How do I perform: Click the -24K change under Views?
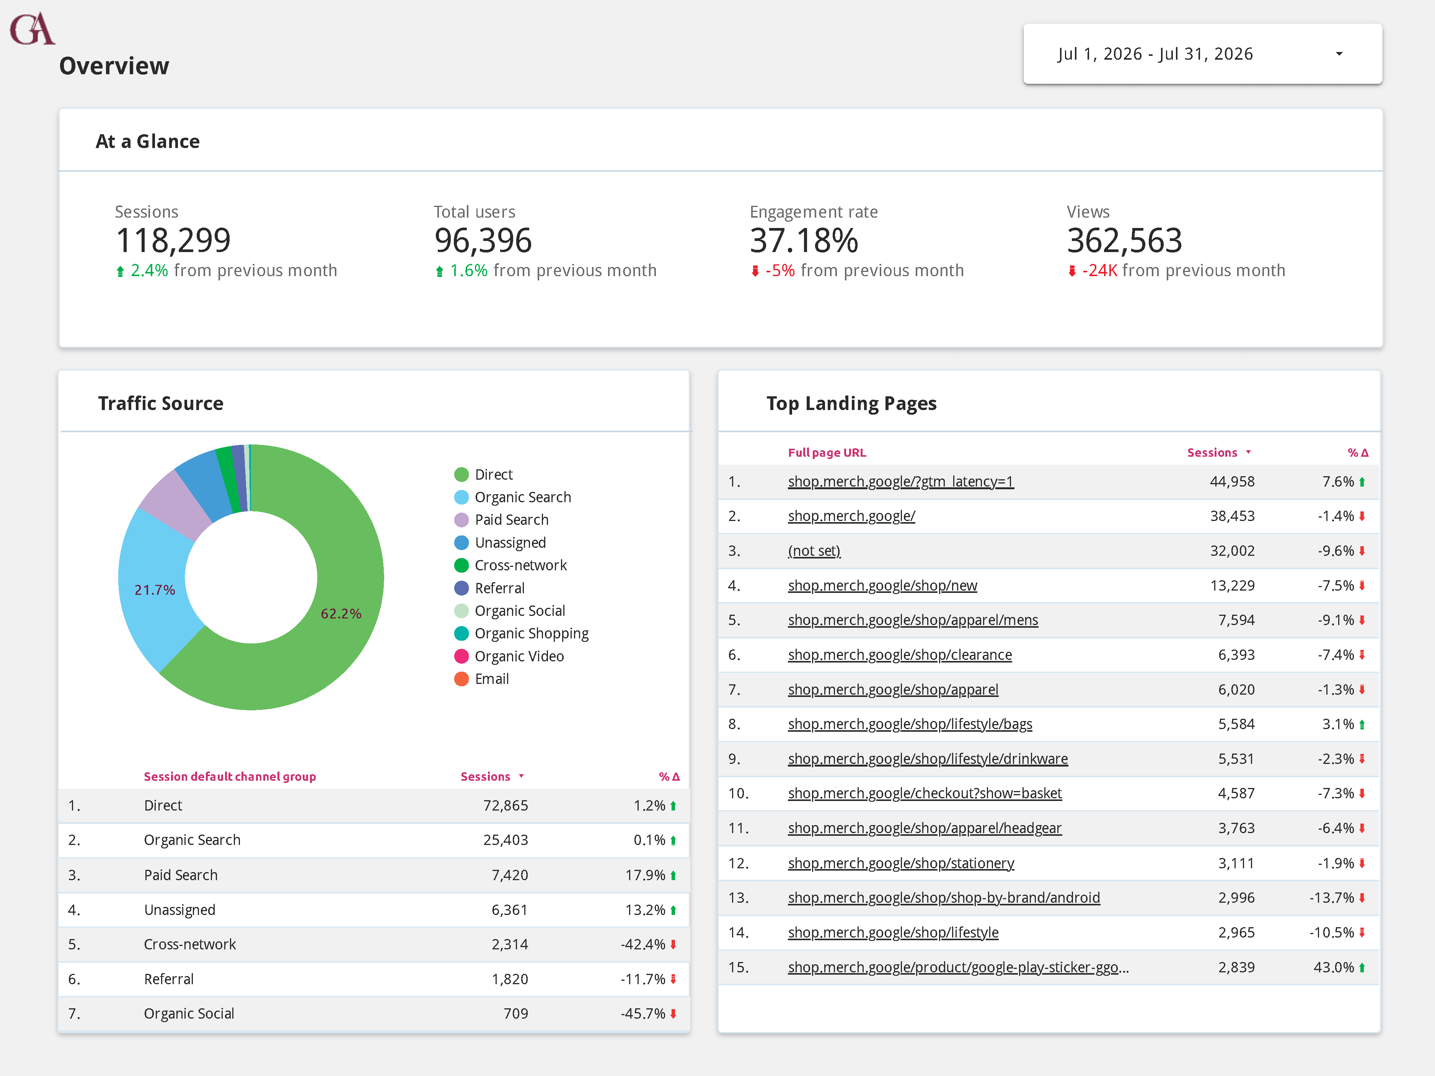coord(1100,270)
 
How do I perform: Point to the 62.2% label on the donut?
coord(341,614)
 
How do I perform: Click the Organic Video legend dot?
coord(461,656)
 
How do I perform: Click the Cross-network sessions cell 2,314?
coord(510,944)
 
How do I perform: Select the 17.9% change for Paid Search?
coord(646,875)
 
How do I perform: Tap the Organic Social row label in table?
coord(189,1014)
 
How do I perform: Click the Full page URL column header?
coord(827,453)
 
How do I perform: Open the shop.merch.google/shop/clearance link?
coord(900,655)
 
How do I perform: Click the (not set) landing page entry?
coord(814,551)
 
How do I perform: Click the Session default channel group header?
coord(230,776)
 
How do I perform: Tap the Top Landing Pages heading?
coord(851,404)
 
